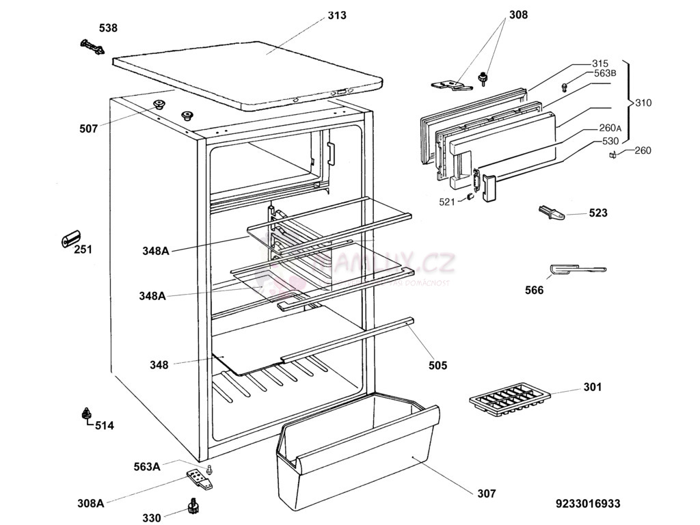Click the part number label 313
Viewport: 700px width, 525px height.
336,15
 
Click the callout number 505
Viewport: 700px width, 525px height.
437,365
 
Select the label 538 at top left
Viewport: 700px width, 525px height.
108,28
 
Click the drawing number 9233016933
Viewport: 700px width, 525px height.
588,504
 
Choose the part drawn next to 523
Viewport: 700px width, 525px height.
553,213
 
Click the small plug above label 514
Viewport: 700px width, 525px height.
87,413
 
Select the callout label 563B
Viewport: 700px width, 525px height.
605,74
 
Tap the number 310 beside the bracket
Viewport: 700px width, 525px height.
643,103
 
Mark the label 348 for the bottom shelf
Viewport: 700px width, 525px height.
159,365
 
